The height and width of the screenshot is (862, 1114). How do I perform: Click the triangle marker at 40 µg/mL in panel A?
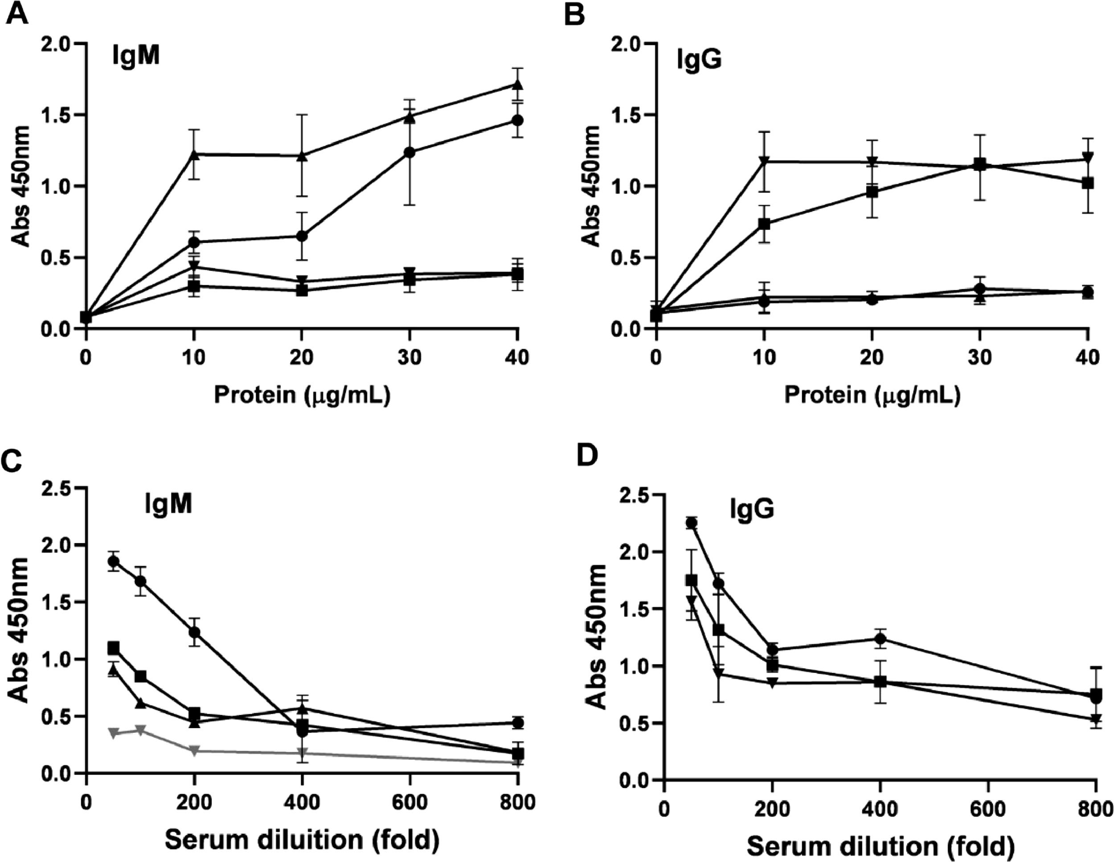[518, 84]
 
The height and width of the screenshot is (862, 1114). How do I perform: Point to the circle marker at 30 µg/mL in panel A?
[410, 152]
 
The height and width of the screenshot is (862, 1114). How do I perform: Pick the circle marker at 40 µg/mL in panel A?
[518, 120]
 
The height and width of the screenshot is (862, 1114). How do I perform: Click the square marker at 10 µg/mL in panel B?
[764, 223]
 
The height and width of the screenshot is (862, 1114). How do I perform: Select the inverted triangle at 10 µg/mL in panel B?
[764, 161]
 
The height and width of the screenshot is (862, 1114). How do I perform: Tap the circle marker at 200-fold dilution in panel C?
[194, 632]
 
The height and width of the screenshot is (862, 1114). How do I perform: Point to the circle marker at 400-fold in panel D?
[880, 638]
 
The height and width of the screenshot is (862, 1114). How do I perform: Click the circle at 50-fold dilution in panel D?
[692, 523]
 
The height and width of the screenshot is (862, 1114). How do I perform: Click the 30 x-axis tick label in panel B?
[979, 357]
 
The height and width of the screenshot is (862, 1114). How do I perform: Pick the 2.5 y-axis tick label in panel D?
[634, 495]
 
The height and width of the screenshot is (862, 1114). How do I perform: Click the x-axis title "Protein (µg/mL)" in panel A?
[302, 395]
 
